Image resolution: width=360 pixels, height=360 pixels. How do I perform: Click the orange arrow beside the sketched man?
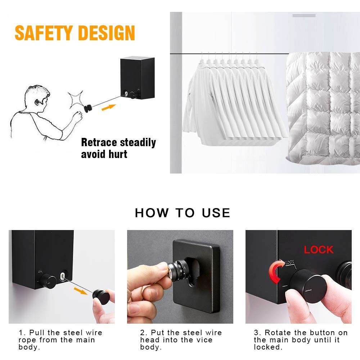click(x=109, y=107)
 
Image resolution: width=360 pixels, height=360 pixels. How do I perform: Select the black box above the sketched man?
click(x=138, y=78)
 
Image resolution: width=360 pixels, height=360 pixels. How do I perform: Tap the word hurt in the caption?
click(x=118, y=154)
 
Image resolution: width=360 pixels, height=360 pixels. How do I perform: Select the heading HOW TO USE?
click(x=183, y=213)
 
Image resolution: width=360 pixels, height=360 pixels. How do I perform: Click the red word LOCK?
click(x=319, y=250)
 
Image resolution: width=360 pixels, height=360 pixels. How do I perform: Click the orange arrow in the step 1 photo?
click(x=81, y=291)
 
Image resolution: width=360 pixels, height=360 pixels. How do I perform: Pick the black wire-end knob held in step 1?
click(x=101, y=297)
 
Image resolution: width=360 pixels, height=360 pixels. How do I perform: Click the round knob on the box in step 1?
click(x=48, y=281)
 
